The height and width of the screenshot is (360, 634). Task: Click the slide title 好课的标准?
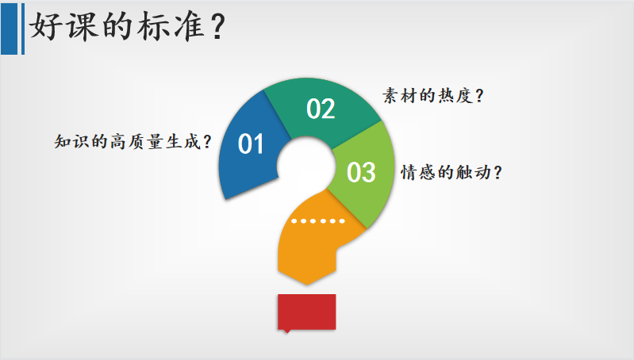point(128,27)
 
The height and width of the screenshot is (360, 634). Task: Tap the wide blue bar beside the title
point(9,29)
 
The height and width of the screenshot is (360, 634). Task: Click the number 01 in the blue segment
point(251,144)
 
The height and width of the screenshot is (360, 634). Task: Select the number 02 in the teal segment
point(321,109)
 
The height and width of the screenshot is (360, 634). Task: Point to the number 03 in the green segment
point(361,172)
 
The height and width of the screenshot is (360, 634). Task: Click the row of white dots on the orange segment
point(318,221)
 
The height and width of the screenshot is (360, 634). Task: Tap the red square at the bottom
point(307,312)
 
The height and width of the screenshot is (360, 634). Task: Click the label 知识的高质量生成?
point(133,142)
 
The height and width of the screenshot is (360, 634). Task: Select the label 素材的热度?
point(433,96)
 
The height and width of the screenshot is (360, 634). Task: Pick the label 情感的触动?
point(451,173)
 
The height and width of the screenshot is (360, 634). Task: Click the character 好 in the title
point(45,27)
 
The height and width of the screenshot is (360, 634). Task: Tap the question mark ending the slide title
point(218,28)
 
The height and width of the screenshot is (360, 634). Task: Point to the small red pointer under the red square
point(287,331)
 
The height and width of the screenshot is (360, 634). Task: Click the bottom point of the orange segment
point(307,285)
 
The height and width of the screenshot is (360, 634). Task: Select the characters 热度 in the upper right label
point(455,96)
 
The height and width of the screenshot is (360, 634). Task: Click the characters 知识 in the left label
point(71,142)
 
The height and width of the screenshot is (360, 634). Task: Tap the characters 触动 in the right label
point(474,173)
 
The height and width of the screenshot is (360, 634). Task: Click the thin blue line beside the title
point(23,29)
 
